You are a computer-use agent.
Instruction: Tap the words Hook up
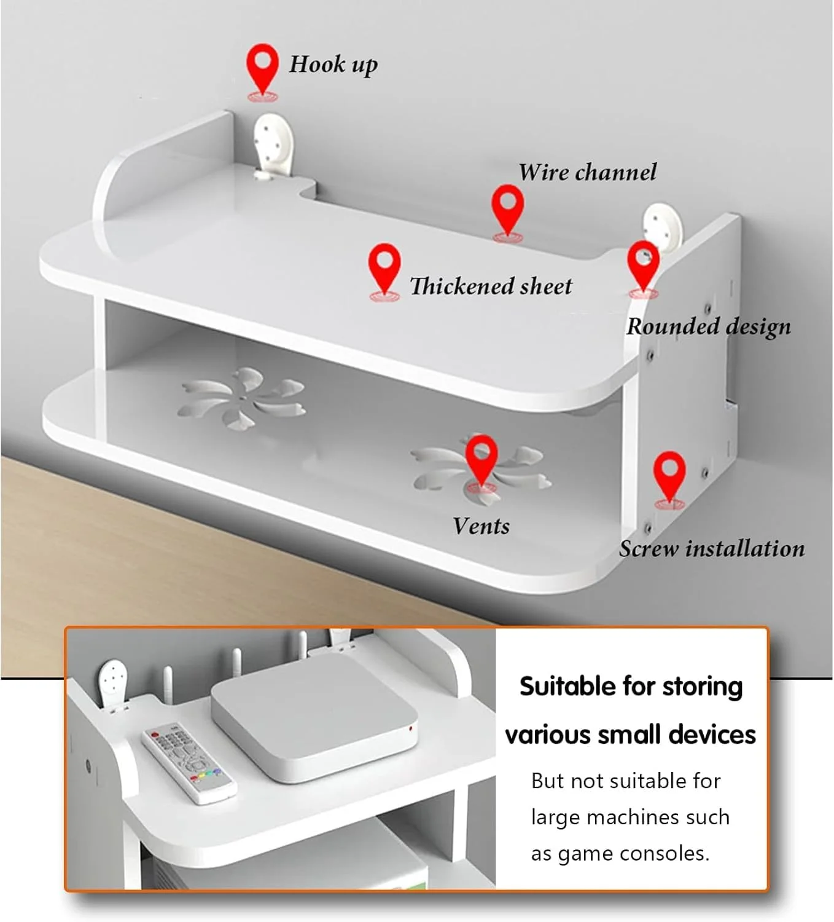pos(333,65)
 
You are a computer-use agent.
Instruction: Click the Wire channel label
pos(587,172)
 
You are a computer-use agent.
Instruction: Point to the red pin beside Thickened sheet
pos(384,272)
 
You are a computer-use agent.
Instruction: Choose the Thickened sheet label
pos(491,286)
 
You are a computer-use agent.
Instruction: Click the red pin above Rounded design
pos(644,269)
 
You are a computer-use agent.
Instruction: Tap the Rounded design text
pos(709,327)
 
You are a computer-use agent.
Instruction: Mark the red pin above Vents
pos(481,463)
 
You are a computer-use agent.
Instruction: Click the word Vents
pos(481,526)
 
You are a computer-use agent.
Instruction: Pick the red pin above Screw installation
pos(669,480)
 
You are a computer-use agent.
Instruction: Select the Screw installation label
pos(712,549)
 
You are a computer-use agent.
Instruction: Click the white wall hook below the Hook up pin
pos(273,147)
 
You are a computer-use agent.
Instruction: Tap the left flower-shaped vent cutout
pos(242,398)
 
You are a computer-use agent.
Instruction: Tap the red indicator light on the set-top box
pos(410,728)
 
